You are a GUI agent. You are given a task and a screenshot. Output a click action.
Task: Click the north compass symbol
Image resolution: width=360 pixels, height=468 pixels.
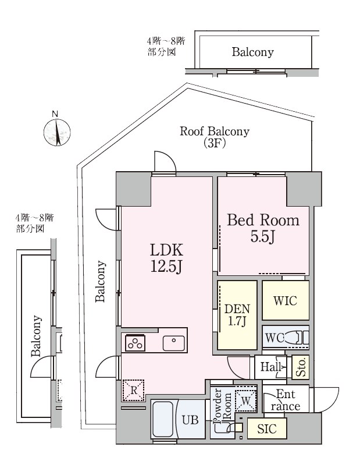pos(57,132)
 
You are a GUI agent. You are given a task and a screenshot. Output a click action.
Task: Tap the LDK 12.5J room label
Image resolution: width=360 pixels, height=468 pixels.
pos(166,258)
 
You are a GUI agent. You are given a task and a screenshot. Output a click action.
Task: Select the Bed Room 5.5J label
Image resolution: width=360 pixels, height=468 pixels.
pos(263,228)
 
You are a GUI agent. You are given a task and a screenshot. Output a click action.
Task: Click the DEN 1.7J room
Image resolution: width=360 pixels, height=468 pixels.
pos(237,315)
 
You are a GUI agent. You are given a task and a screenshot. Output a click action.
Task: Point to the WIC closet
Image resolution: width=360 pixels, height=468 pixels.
pos(286,300)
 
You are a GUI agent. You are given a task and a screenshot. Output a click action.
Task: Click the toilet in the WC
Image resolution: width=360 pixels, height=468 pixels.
pos(295,338)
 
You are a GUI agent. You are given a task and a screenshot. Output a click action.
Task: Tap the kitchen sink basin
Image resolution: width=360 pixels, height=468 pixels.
pos(173,343)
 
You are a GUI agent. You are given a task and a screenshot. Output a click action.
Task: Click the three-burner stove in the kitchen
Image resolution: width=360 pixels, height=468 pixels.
pos(136,343)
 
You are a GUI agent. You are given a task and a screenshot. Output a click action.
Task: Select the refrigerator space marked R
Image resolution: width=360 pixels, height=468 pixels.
pos(133,390)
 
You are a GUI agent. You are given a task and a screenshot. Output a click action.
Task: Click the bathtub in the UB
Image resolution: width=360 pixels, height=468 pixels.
pos(164,420)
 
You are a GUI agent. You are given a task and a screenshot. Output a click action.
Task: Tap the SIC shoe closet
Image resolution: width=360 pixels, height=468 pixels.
pos(267,428)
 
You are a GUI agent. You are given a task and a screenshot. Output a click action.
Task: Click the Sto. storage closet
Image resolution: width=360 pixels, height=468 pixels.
pos(300,367)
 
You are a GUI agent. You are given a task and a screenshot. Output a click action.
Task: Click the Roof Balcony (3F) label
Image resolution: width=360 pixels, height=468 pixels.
pos(215,137)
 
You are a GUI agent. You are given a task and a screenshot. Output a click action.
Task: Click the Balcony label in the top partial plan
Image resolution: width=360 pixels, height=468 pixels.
pos(252,52)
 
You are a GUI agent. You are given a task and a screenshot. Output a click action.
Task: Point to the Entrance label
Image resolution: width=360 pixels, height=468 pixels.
pos(286,400)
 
